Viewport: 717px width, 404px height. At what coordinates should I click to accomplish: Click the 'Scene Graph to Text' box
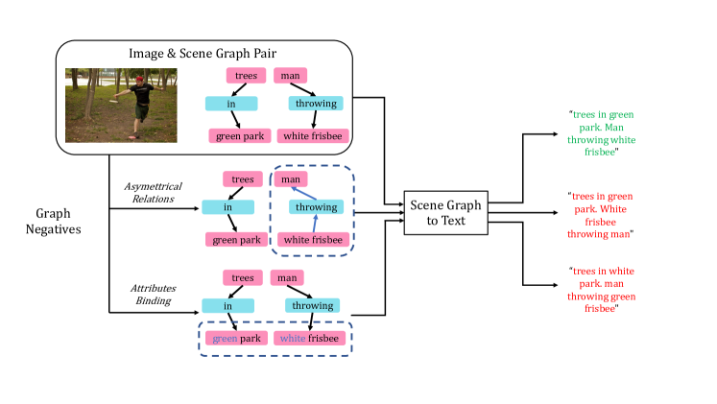(x=442, y=211)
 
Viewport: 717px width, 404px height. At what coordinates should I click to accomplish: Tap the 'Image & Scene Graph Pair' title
(x=203, y=52)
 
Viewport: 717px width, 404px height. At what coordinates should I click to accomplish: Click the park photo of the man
(x=121, y=104)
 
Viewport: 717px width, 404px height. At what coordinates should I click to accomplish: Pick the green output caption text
(x=601, y=133)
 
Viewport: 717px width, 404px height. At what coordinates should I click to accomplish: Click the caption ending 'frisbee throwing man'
(x=601, y=214)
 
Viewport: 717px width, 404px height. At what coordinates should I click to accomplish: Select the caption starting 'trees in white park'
(x=601, y=290)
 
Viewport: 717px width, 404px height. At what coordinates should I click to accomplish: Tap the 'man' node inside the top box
(x=290, y=75)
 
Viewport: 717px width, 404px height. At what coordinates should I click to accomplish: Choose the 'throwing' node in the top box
(x=316, y=104)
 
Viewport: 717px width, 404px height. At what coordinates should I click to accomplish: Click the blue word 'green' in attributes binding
(x=224, y=338)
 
